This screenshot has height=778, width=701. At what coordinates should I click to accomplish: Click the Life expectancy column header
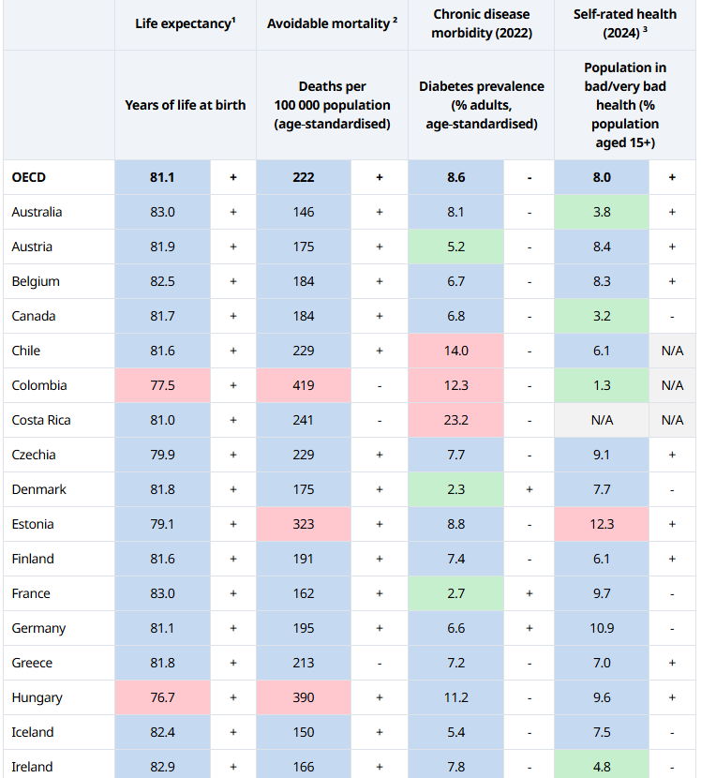tap(186, 23)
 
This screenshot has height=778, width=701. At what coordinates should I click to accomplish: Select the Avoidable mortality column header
tap(332, 23)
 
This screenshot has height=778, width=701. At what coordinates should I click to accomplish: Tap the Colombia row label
tap(39, 385)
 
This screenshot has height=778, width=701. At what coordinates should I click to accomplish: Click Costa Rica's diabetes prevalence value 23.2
tap(456, 420)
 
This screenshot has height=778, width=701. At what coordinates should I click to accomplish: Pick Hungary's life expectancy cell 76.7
tap(162, 697)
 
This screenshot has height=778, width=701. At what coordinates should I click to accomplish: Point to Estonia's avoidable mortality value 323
tap(304, 524)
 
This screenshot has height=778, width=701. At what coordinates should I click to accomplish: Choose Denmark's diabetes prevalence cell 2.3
tap(456, 489)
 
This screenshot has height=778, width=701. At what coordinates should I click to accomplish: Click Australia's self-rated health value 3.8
tap(602, 212)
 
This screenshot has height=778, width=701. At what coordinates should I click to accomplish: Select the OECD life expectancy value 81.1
tap(162, 176)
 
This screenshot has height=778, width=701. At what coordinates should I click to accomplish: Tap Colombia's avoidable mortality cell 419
tap(304, 385)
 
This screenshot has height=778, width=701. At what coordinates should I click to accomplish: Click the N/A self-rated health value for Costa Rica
tap(602, 420)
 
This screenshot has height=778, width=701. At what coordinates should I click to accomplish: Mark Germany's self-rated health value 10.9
tap(602, 628)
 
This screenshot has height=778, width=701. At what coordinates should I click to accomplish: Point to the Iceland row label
tap(33, 732)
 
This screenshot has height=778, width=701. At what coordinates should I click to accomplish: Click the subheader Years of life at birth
tap(186, 105)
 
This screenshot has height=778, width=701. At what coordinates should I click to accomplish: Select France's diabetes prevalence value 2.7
tap(456, 593)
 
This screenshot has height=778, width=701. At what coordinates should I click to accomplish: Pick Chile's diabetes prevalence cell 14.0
tap(456, 351)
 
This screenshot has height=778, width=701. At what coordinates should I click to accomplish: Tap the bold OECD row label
tap(29, 176)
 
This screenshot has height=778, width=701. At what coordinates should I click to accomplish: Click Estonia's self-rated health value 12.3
tap(602, 524)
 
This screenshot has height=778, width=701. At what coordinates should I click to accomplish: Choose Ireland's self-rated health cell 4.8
tap(602, 767)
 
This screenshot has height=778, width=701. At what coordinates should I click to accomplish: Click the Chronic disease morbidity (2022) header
tap(482, 23)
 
